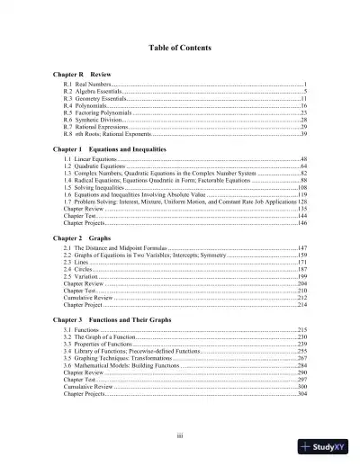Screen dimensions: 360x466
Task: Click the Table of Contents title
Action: (180, 47)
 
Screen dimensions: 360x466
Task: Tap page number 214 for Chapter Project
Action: (302, 305)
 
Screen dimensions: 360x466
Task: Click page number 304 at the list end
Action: (302, 395)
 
